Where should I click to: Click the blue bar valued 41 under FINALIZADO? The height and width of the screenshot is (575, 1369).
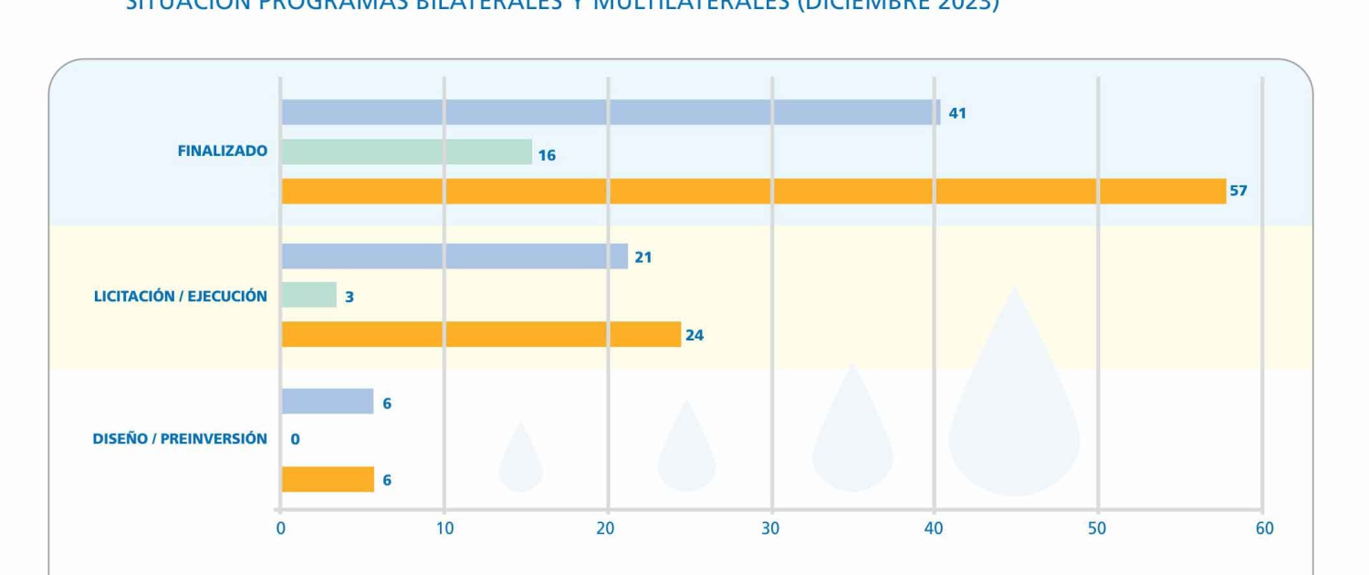[610, 112]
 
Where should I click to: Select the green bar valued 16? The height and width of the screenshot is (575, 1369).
[406, 152]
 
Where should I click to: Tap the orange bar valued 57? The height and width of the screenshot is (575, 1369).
[753, 192]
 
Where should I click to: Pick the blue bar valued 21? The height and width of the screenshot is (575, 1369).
[455, 256]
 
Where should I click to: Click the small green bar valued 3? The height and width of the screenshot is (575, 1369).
[308, 296]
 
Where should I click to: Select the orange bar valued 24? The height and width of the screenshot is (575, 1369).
[481, 335]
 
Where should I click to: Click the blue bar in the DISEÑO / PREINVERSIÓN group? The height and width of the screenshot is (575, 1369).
[327, 402]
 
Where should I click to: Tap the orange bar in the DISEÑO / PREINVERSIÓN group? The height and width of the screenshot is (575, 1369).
[327, 479]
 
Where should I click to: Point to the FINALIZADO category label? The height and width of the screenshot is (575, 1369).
[223, 152]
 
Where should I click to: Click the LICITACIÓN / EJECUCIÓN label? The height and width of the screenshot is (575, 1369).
[181, 296]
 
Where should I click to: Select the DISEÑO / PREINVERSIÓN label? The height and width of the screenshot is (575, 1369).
[180, 439]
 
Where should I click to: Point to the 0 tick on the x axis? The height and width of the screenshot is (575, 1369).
[281, 529]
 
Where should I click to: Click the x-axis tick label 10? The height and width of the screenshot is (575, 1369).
[444, 529]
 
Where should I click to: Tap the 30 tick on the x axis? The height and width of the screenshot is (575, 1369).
[771, 529]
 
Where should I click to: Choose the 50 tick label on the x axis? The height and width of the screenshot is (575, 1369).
[1097, 529]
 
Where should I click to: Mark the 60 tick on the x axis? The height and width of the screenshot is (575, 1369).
[1264, 529]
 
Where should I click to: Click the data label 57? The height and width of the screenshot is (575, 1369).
[1238, 192]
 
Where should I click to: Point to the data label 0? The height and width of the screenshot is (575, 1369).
[295, 440]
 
